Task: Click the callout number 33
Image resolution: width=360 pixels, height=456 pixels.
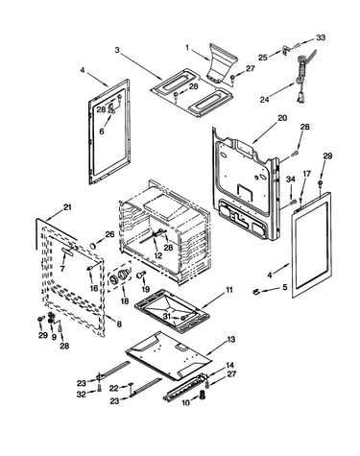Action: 321,37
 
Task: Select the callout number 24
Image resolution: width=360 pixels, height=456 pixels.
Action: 264,99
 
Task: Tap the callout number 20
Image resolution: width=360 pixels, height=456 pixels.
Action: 281,118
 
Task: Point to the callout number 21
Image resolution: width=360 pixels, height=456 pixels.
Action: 66,207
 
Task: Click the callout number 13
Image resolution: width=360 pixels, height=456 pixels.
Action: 231,339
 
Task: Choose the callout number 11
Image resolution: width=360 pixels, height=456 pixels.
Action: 229,290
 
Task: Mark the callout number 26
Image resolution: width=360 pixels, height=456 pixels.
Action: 109,234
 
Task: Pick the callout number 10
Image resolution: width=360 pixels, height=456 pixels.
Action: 186,402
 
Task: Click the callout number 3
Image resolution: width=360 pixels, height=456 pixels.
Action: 117,50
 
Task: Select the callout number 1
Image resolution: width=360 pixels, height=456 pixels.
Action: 187,48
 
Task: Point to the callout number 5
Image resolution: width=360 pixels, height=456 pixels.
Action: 285,287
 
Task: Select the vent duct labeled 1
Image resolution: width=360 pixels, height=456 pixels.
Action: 222,63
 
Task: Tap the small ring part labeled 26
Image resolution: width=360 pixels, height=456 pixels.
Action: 93,246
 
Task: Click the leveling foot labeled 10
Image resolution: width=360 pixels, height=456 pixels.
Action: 203,395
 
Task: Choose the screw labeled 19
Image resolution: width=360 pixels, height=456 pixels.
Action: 141,275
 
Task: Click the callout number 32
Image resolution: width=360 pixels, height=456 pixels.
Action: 82,395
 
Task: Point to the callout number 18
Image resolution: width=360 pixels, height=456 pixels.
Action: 125,300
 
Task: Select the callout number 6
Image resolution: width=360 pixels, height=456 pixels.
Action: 102,131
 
